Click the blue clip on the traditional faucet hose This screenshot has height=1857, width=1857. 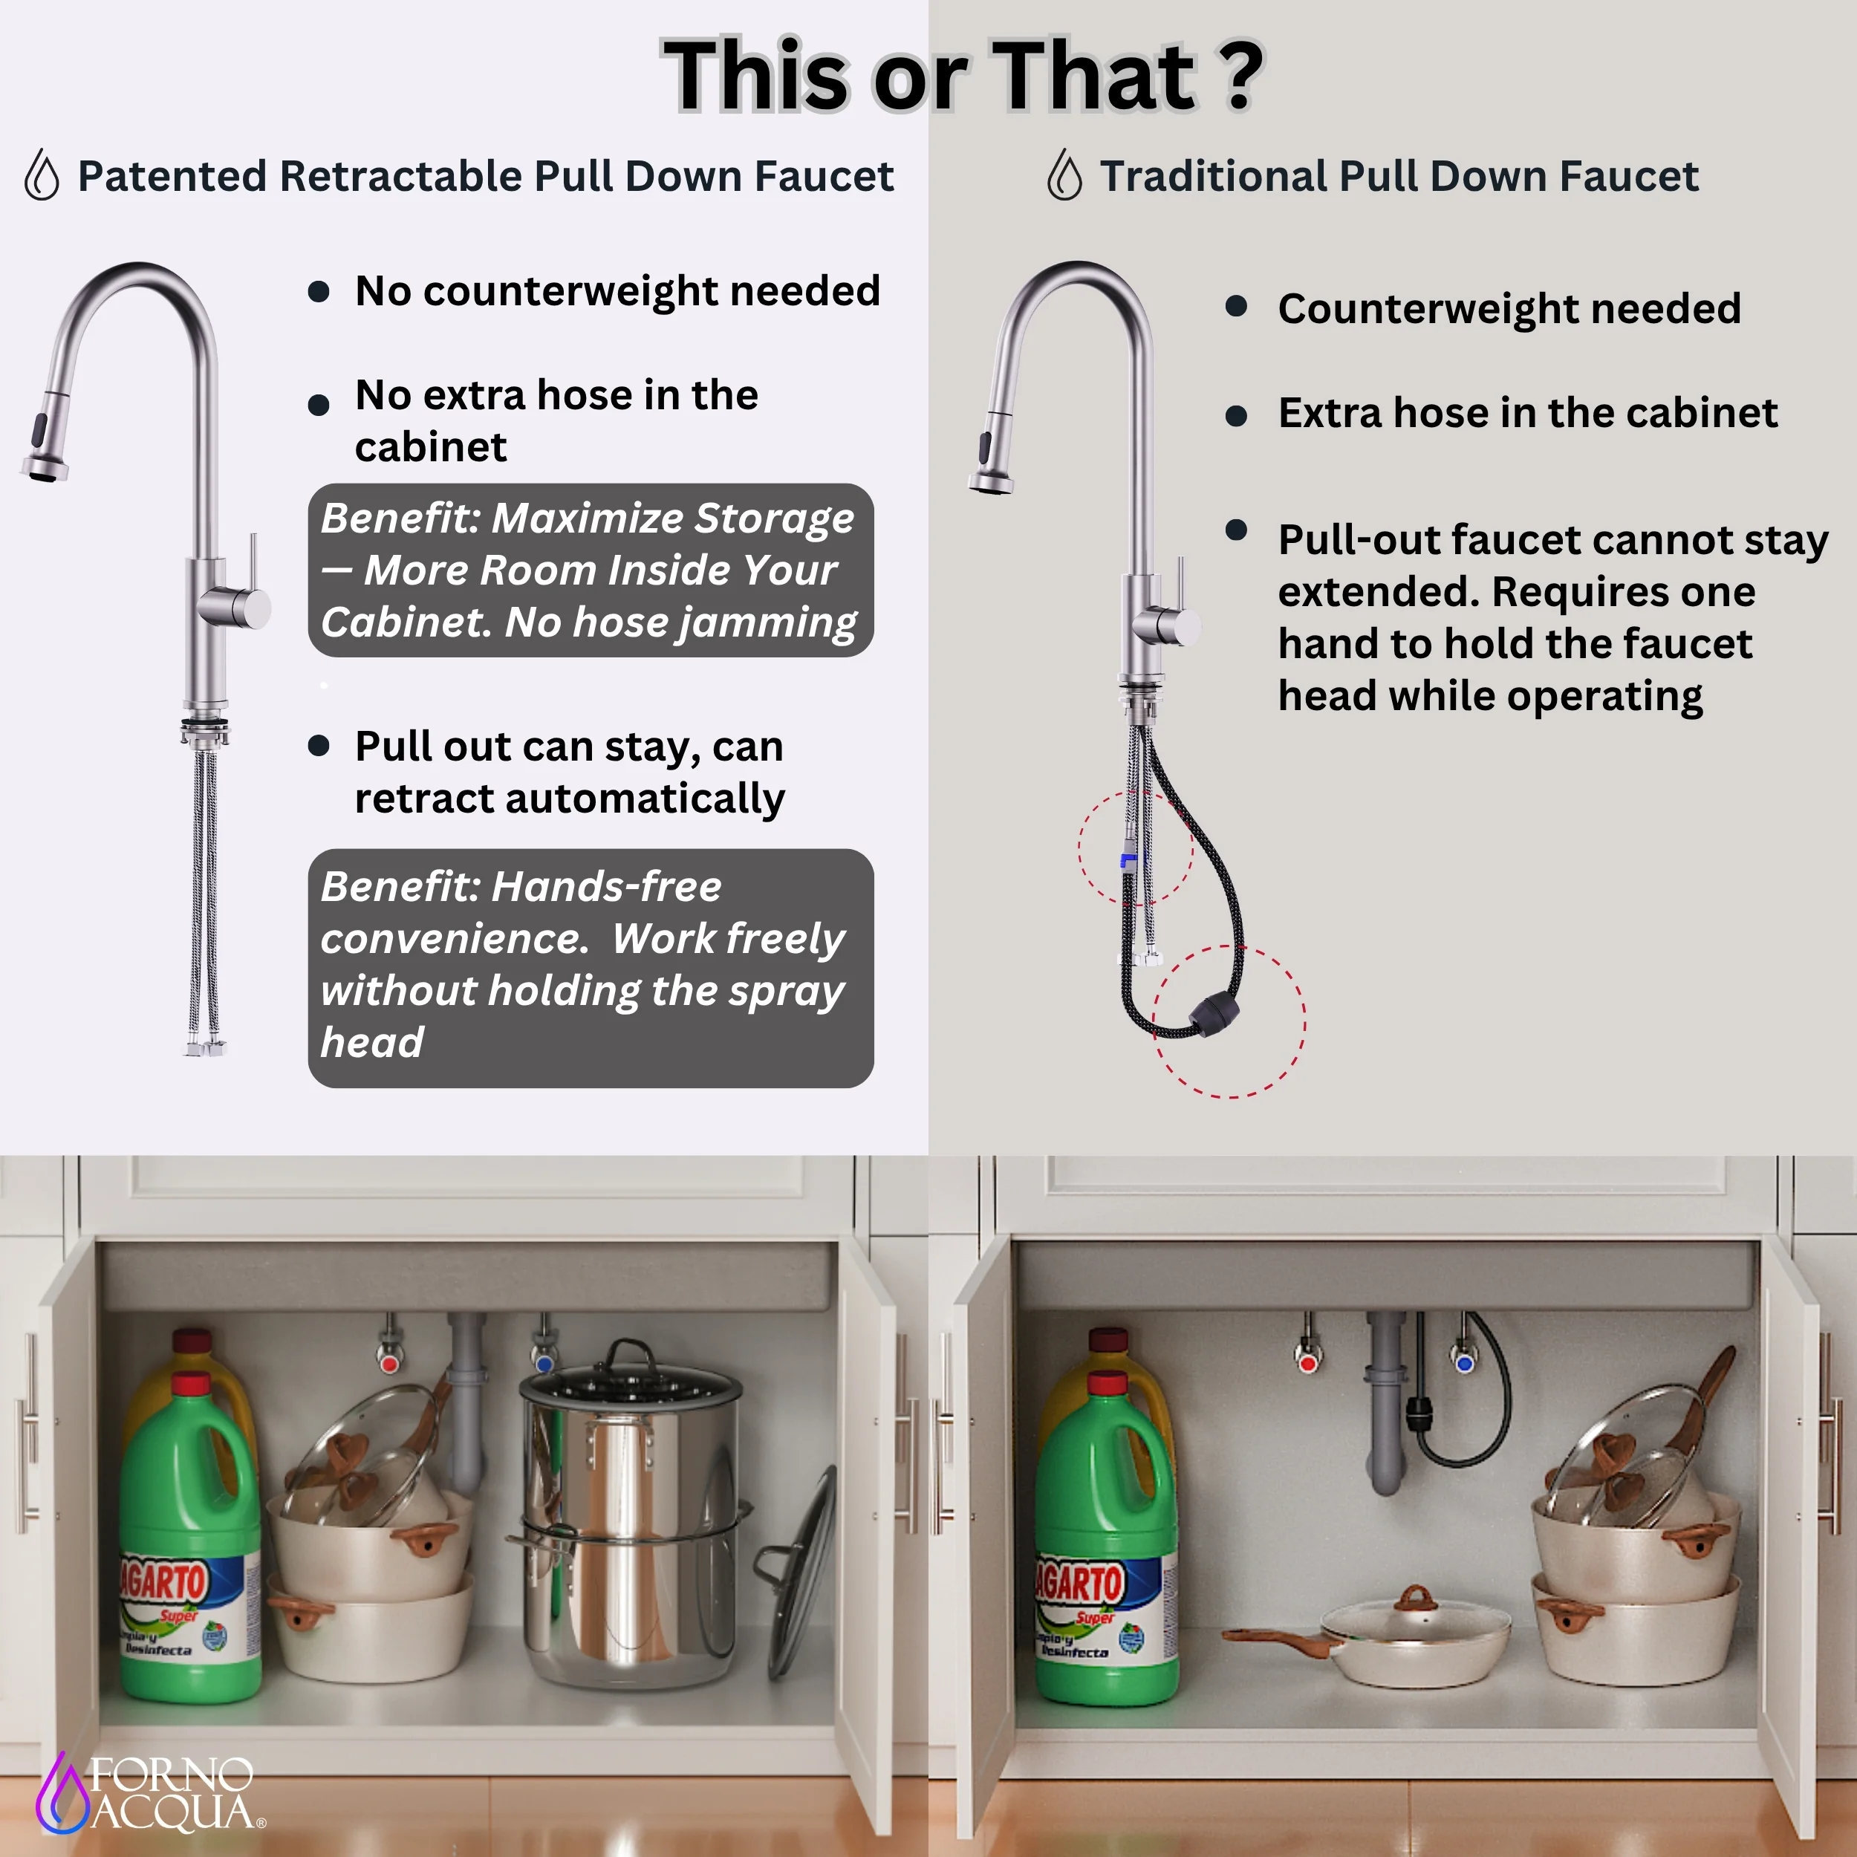tap(1128, 859)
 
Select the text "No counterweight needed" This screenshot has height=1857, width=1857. tap(617, 290)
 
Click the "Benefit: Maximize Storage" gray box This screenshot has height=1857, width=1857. tap(591, 570)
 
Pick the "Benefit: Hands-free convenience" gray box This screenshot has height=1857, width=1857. tap(591, 968)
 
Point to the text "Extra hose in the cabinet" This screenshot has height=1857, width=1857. tap(1527, 412)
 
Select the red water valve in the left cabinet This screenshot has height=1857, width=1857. tap(389, 1363)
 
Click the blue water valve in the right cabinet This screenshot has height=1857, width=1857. tap(1465, 1362)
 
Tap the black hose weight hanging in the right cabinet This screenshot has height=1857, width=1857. tap(1421, 1413)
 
